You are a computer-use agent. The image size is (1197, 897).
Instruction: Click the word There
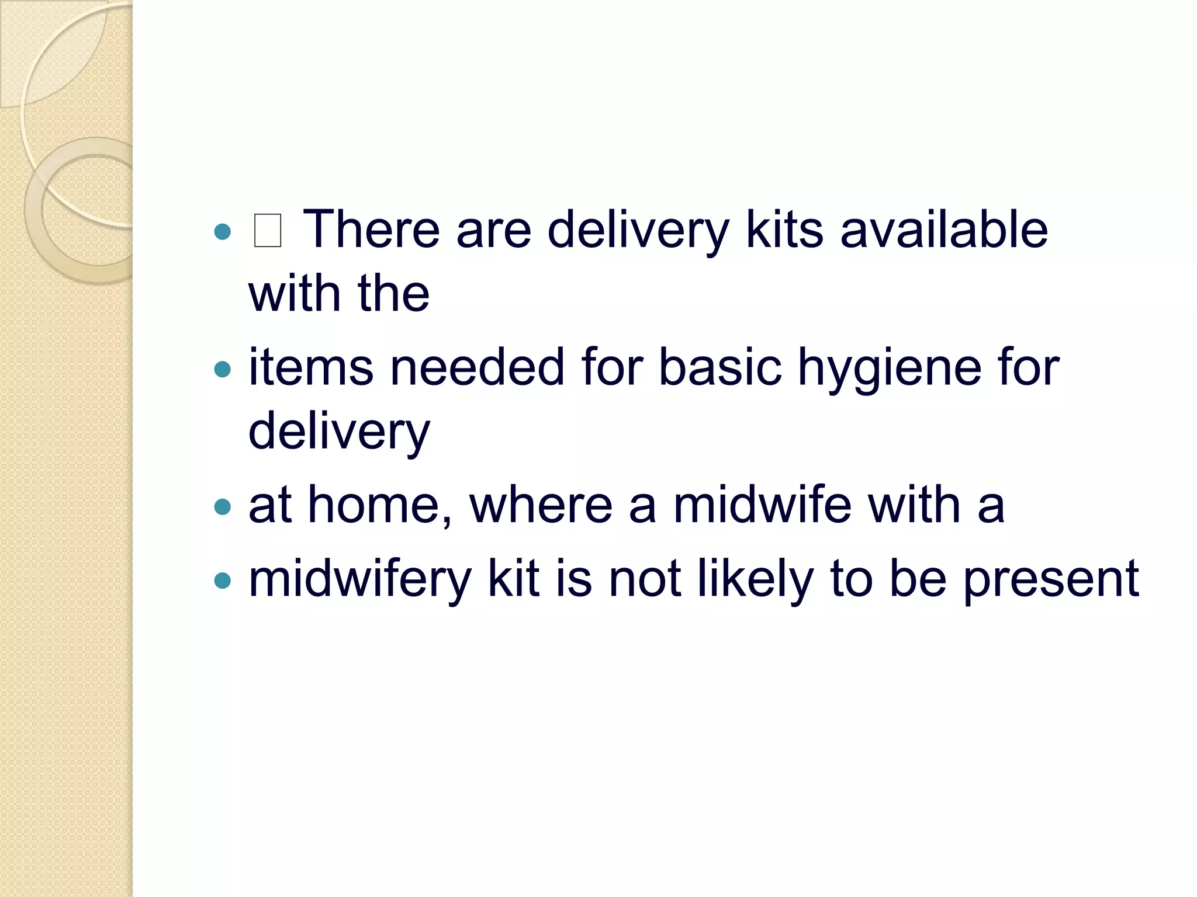pyautogui.click(x=371, y=230)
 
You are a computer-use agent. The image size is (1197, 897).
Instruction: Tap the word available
pyautogui.click(x=944, y=230)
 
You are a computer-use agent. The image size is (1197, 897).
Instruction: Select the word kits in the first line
pyautogui.click(x=784, y=230)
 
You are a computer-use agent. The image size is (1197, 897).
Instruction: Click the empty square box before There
pyautogui.click(x=268, y=231)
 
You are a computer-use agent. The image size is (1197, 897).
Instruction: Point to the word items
pyautogui.click(x=311, y=367)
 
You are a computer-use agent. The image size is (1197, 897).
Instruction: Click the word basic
pyautogui.click(x=720, y=367)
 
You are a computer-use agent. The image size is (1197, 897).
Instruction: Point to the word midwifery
pyautogui.click(x=360, y=579)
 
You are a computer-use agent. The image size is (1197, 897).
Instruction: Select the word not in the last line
pyautogui.click(x=645, y=579)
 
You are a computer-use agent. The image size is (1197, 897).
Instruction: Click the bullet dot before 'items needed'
pyautogui.click(x=223, y=369)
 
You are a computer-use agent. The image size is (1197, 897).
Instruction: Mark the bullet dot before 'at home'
pyautogui.click(x=223, y=506)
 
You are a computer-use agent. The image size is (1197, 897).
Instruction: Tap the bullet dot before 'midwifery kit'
pyautogui.click(x=223, y=580)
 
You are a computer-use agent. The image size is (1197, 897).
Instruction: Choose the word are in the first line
pyautogui.click(x=494, y=231)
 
